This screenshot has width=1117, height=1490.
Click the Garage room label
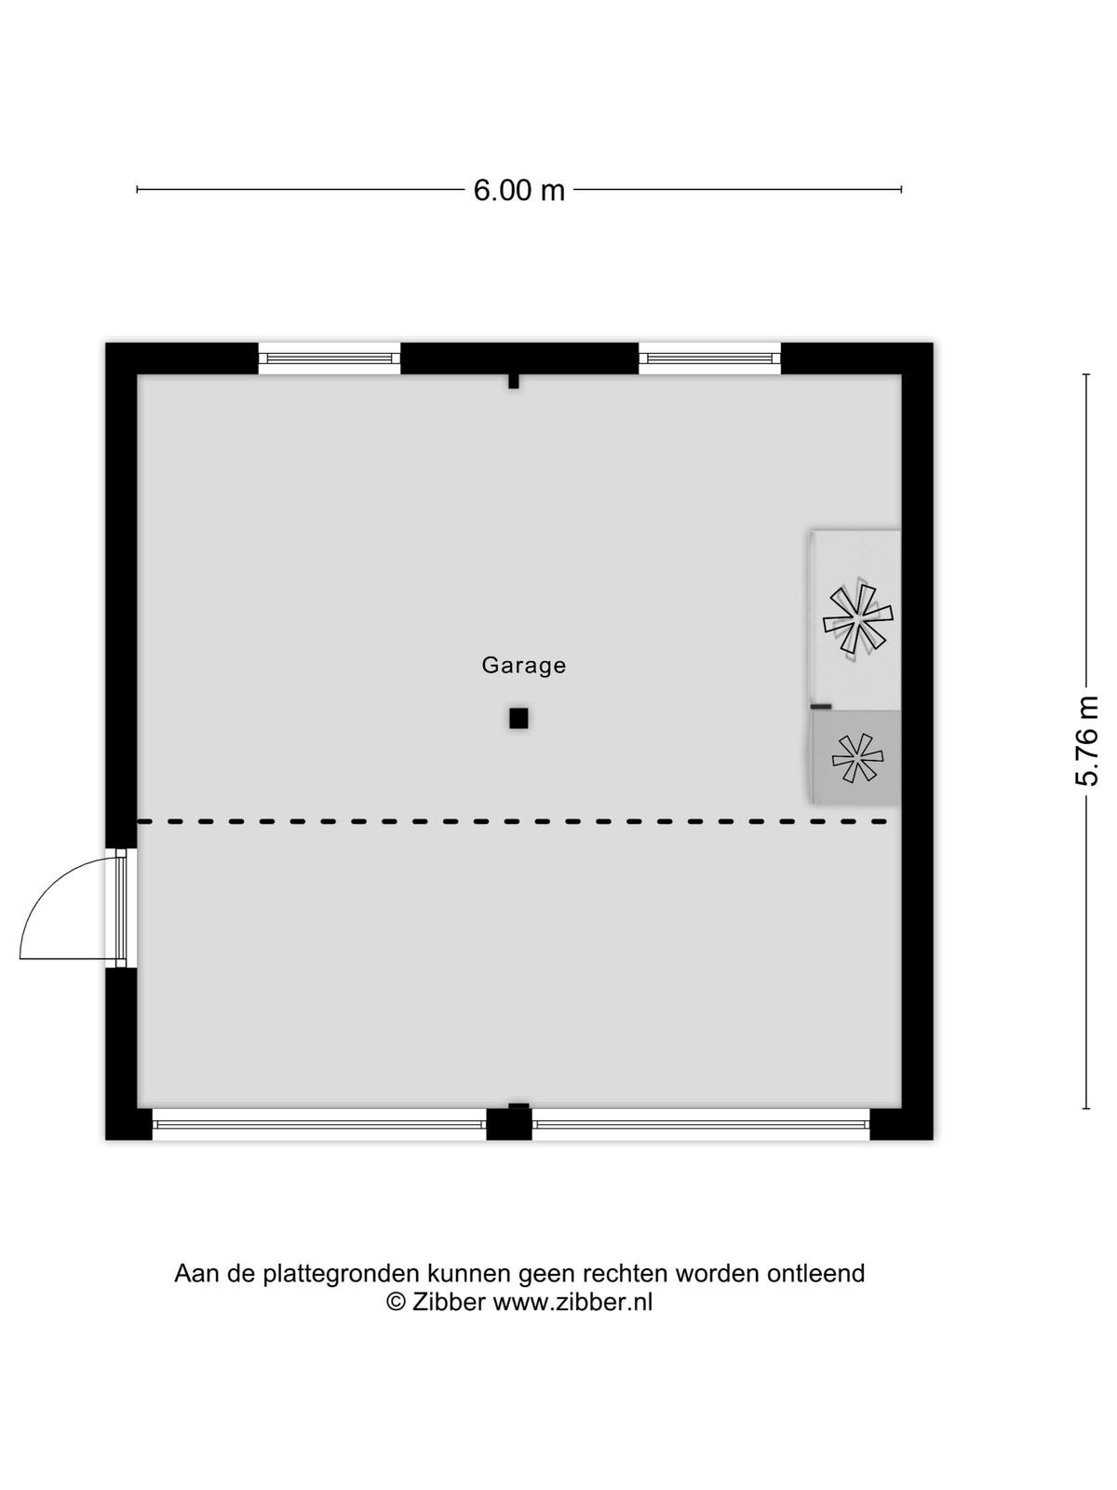coord(523,665)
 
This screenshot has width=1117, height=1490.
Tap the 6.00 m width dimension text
coord(518,190)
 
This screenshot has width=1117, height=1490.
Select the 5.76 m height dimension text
coord(1085,740)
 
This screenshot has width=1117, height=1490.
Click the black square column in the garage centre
coord(518,718)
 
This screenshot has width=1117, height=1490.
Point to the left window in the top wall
coord(329,358)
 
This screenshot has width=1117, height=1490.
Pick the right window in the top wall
coord(709,358)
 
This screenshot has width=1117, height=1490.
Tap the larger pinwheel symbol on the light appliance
coord(858,617)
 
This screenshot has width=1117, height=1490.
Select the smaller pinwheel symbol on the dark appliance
coord(857,758)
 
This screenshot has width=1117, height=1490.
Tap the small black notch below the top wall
coord(514,382)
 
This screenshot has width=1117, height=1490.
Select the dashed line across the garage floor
coord(512,821)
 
